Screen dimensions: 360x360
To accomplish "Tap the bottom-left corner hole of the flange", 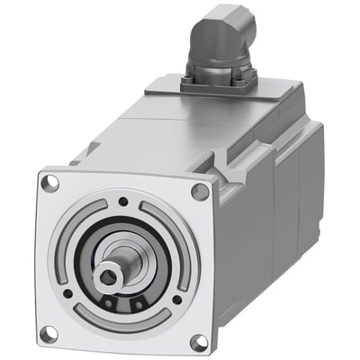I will [49, 333].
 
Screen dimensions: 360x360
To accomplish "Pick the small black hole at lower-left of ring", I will [68, 292].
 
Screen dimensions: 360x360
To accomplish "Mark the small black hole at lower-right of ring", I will [176, 301].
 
